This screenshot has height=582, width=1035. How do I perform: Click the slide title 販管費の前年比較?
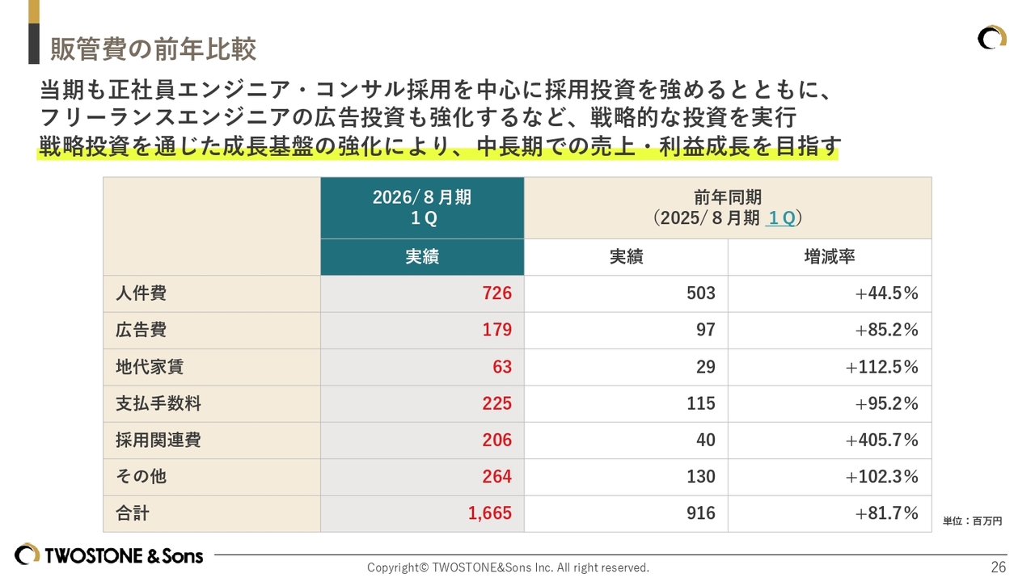coord(153,49)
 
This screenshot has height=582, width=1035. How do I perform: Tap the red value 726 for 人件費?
coord(496,293)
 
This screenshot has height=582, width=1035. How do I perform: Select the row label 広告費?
coord(141,330)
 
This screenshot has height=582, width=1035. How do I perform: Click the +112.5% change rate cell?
coord(881,367)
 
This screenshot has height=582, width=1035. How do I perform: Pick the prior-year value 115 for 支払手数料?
coord(700,403)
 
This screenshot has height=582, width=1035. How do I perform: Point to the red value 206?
coord(496,440)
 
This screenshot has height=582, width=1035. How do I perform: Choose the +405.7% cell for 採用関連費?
coord(881,440)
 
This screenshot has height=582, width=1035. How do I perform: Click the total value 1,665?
coord(490,513)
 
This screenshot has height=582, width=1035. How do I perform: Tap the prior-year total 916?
coord(700,513)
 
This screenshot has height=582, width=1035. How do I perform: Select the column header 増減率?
coord(829,257)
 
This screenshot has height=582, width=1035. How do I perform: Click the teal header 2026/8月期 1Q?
coord(422,208)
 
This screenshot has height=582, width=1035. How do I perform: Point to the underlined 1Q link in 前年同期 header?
coord(780,218)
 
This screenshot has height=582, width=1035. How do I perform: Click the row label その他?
coord(141,476)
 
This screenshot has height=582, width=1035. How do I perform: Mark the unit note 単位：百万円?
coord(972,521)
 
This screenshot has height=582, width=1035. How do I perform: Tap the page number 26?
coord(999,567)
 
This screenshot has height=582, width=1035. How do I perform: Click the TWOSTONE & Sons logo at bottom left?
coord(108,555)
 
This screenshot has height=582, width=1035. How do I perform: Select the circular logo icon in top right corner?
coord(991,38)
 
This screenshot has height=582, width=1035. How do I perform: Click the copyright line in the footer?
coord(508,567)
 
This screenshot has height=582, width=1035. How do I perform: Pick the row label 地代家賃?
coord(149,367)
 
